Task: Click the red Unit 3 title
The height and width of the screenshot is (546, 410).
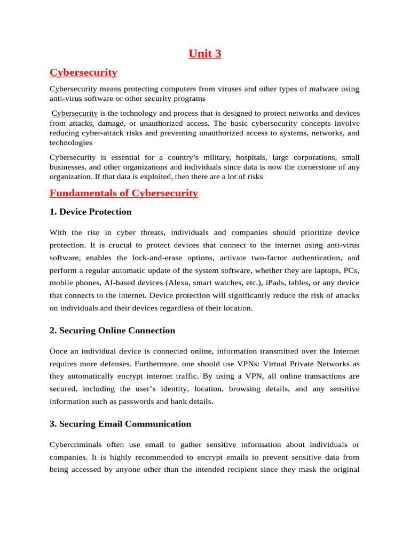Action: click(205, 53)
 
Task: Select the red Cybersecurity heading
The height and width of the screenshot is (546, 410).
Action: click(83, 73)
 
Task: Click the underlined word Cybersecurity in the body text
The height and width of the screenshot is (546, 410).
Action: click(75, 114)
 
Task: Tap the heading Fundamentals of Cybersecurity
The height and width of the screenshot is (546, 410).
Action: click(123, 193)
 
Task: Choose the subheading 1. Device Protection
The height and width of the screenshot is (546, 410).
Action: click(90, 212)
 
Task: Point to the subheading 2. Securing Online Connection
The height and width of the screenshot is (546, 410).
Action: click(112, 331)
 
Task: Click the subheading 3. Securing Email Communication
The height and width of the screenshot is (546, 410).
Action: click(120, 424)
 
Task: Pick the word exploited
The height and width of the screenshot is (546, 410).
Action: click(153, 176)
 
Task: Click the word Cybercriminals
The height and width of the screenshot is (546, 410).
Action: click(75, 445)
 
